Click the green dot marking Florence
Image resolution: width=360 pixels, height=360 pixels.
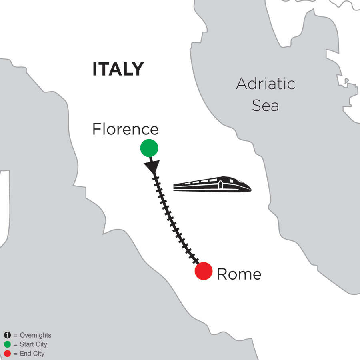[x=149, y=148]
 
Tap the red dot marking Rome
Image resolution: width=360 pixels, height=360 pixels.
[x=203, y=271]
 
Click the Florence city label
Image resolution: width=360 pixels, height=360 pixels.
[x=125, y=129]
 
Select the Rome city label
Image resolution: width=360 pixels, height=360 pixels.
[x=239, y=274]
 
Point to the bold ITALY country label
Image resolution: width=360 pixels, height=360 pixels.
[x=118, y=69]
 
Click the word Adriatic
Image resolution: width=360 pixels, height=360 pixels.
[x=266, y=84]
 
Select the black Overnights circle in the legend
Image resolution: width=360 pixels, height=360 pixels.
[x=6, y=336]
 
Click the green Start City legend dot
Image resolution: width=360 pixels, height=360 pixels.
[x=6, y=344]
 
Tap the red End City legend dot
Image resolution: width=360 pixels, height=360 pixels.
[x=6, y=354]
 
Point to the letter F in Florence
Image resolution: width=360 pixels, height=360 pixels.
[x=96, y=129]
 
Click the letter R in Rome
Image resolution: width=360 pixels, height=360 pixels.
[x=221, y=274]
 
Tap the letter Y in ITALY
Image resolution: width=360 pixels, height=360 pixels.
[x=137, y=69]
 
